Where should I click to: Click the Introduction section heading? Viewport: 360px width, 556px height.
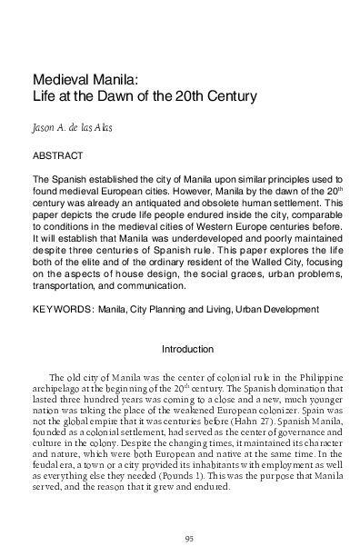186,349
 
